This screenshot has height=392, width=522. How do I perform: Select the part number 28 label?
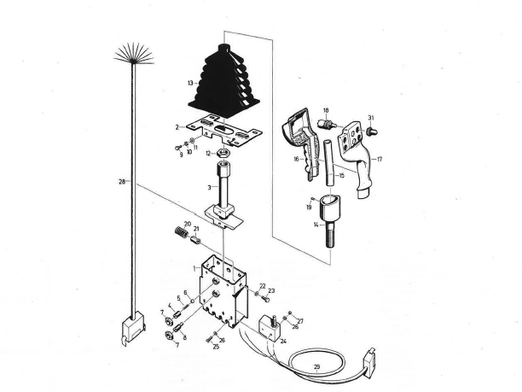click(121, 181)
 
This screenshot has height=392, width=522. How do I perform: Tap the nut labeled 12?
click(223, 154)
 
